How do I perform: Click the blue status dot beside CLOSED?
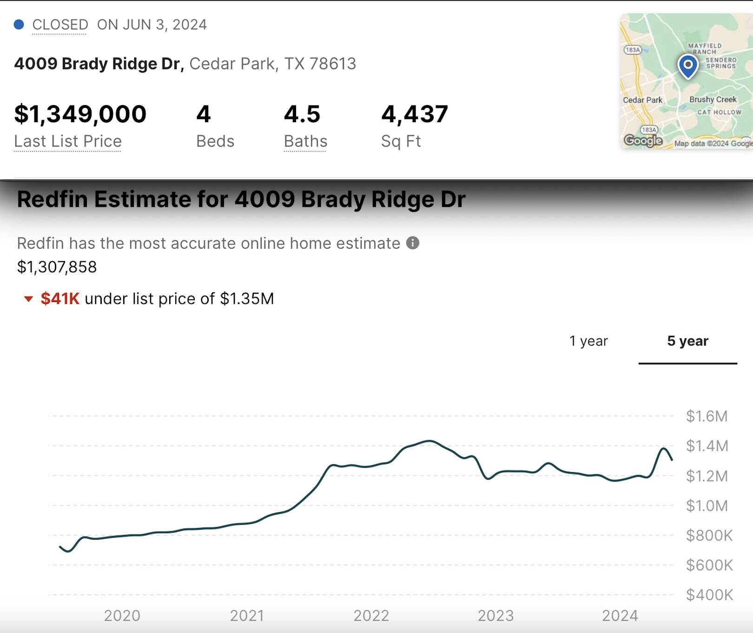click(19, 24)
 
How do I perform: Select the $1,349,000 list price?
click(80, 114)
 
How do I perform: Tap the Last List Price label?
click(68, 141)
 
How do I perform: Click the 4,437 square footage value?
click(415, 114)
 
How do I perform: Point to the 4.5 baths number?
click(302, 114)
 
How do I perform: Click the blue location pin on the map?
click(688, 66)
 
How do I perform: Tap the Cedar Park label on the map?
click(642, 100)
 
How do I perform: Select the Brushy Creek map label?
click(713, 99)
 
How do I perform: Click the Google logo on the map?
click(643, 140)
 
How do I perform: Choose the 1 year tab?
click(588, 341)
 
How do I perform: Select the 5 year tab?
click(687, 341)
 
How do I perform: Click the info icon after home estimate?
click(413, 243)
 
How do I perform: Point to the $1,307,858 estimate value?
click(57, 267)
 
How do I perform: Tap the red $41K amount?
click(60, 298)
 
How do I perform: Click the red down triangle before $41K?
click(29, 299)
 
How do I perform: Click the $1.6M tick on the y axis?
click(707, 416)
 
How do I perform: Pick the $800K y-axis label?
click(709, 535)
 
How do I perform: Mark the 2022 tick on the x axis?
click(371, 616)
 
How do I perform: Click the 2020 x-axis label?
click(122, 616)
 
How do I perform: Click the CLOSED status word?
click(60, 25)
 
